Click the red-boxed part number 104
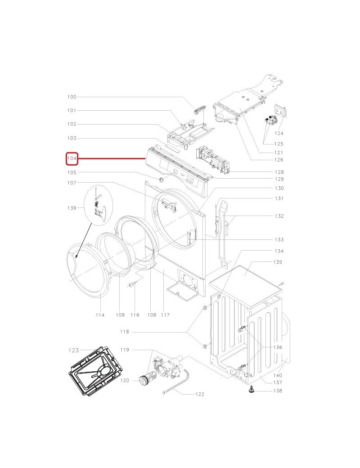coord(72,158)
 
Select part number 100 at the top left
coord(72,97)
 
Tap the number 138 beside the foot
coord(278,391)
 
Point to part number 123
coord(74,351)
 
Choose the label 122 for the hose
coord(199,394)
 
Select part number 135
coord(278,262)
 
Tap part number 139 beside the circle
coord(72,208)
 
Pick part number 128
coord(279,172)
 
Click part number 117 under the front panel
coord(165,315)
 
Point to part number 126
coord(279,160)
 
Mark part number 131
coord(279,198)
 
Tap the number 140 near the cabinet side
coord(278,375)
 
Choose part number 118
coord(124,332)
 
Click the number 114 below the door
coord(100,315)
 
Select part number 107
coord(72,183)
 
